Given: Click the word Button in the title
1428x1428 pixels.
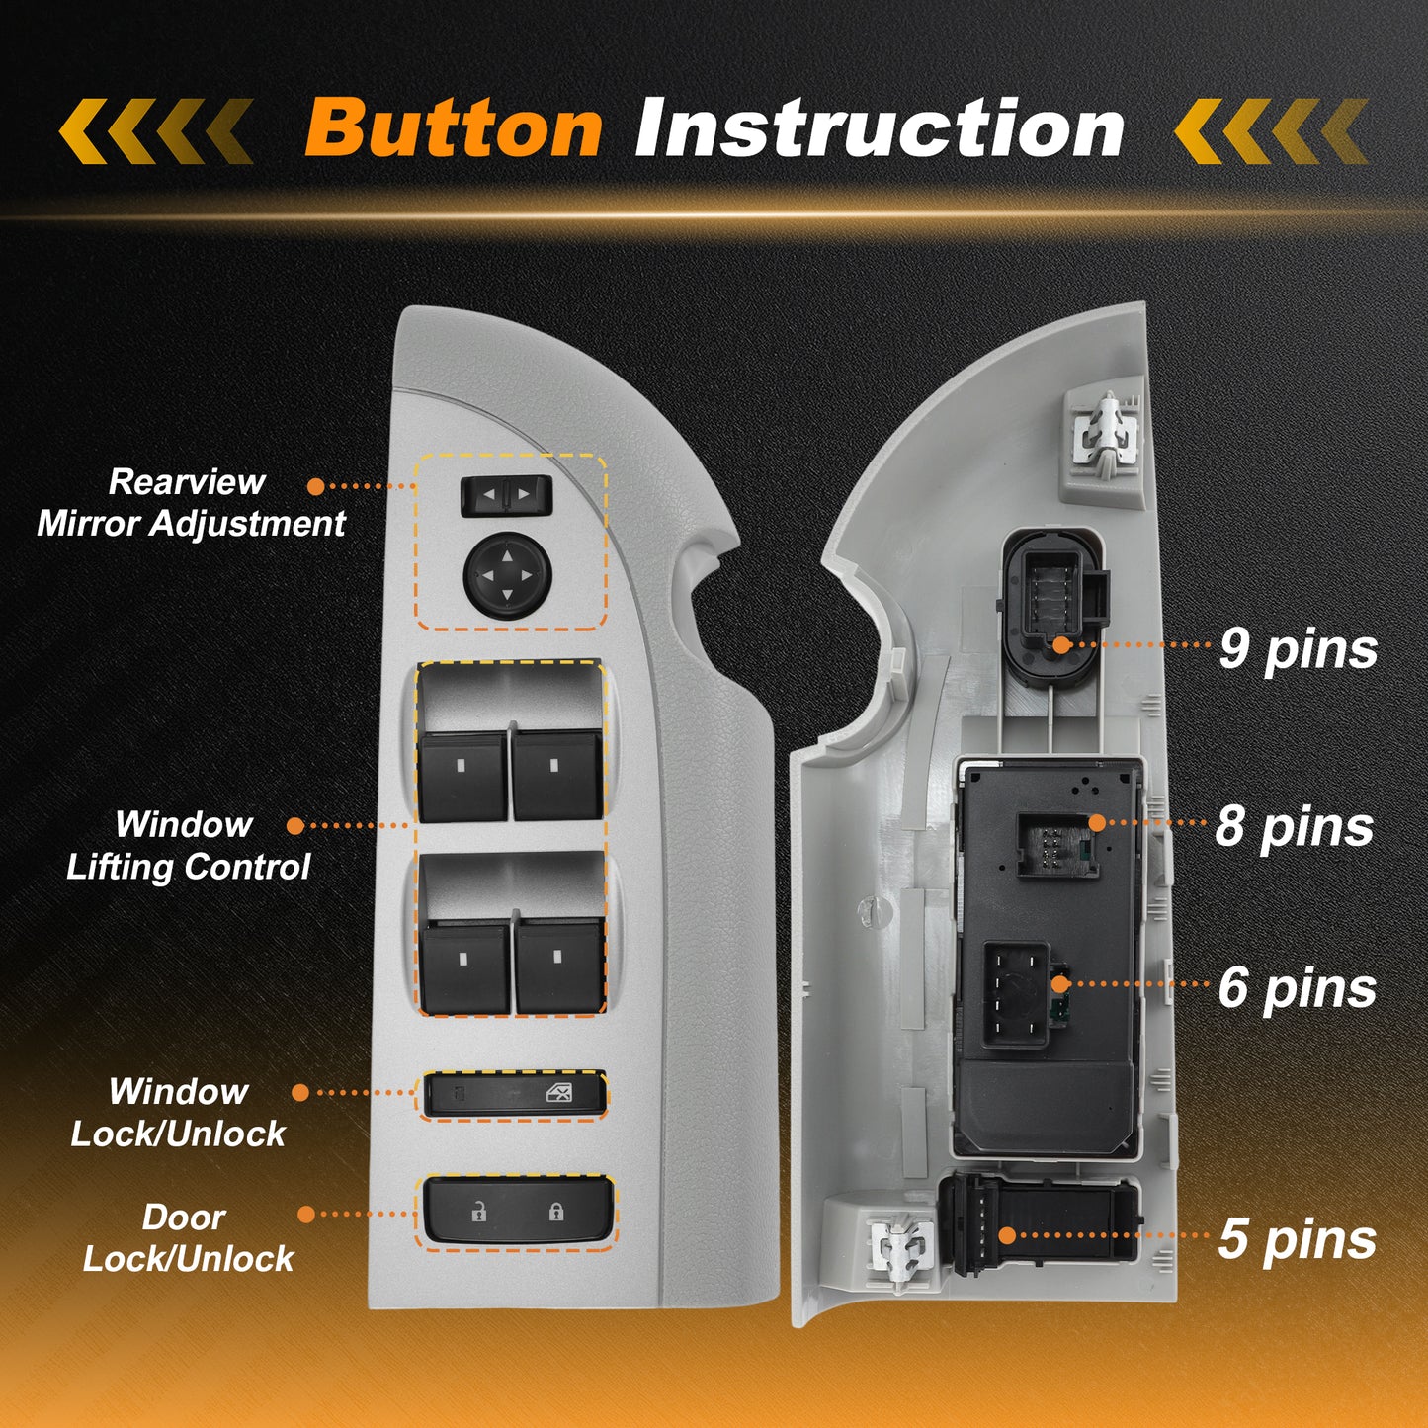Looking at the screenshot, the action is point(454,128).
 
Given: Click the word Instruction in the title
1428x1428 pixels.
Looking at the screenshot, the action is point(880,127).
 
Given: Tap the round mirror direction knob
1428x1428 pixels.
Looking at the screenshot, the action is point(508,573).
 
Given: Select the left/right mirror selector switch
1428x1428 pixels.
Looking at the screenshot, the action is point(506,495).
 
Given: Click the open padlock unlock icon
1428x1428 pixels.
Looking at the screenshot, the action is point(479,1212).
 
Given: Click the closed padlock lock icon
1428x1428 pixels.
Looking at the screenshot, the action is point(555,1212).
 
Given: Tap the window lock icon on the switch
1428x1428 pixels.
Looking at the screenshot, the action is point(558,1094).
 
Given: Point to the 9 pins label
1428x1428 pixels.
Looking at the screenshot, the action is point(1299,650).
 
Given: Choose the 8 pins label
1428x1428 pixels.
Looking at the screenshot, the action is point(1295,827).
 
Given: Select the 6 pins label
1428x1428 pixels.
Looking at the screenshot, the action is point(1297,990).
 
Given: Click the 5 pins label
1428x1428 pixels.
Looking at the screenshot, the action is point(1297,1240).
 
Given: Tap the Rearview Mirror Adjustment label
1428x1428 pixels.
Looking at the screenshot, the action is point(191,503).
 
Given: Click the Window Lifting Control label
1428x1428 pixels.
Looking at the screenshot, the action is point(188,846).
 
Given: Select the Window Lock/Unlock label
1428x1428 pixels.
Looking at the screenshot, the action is point(178,1113).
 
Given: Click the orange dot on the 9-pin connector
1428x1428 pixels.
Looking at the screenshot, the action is point(1062,644).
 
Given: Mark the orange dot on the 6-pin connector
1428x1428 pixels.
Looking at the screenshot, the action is point(1060,984).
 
